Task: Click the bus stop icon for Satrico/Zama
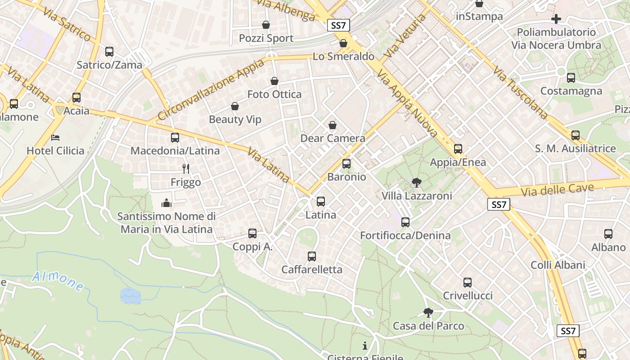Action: coord(109,52)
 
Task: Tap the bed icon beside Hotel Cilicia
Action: coord(55,137)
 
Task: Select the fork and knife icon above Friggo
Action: coord(186,169)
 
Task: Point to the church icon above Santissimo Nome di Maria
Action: coord(166,203)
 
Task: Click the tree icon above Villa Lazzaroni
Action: coord(417,183)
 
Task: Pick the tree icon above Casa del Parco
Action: coord(428,312)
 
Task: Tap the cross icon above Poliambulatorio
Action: coord(556,19)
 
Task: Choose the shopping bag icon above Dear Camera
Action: coord(333,125)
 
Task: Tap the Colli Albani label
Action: coord(558,265)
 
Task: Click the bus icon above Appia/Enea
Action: coord(458,148)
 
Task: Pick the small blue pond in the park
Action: coord(130,295)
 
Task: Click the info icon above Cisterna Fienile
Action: coord(365,346)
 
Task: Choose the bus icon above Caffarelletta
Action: coord(312,256)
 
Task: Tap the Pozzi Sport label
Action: coord(266,38)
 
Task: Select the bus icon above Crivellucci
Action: coord(468,283)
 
